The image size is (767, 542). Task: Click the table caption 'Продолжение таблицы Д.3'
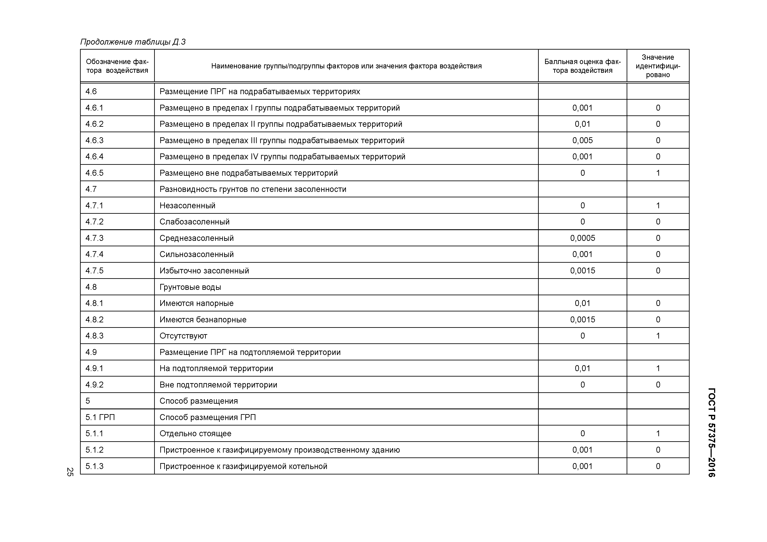(133, 42)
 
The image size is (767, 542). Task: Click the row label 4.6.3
(94, 140)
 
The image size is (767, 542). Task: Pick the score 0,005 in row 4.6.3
(582, 140)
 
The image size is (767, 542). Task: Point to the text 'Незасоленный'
(187, 205)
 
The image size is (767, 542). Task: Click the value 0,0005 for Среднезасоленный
(582, 238)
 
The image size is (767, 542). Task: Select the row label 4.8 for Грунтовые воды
(91, 287)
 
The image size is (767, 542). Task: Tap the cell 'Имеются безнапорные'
(203, 320)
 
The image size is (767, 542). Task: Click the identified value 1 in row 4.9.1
(658, 368)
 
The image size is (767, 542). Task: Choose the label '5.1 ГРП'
(100, 417)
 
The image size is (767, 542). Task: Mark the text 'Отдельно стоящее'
(195, 433)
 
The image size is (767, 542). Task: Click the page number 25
(70, 472)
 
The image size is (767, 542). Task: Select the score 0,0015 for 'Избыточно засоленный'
(582, 271)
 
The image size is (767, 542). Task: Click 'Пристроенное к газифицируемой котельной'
(243, 466)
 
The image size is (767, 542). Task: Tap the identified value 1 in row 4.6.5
(658, 173)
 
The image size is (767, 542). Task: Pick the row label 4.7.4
(94, 254)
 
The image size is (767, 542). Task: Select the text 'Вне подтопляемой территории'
(218, 385)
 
